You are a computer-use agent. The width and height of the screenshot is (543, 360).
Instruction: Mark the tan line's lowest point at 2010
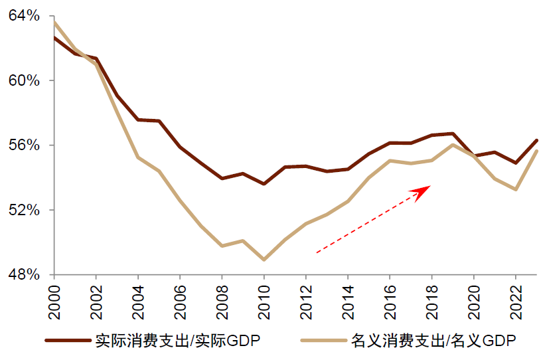[264, 260]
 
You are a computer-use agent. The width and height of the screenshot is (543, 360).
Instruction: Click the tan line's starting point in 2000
[54, 21]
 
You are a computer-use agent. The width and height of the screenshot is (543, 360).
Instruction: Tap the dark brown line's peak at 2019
[453, 134]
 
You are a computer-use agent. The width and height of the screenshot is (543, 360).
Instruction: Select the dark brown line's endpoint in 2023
[536, 140]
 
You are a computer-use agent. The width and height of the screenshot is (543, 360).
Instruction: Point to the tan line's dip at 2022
[516, 190]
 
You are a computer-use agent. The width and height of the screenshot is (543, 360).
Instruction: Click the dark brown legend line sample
[67, 340]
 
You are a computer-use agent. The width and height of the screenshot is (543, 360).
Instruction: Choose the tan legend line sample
[323, 340]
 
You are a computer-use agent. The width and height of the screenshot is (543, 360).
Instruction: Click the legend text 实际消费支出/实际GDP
[177, 340]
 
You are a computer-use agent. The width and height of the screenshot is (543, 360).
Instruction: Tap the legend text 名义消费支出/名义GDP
[433, 340]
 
